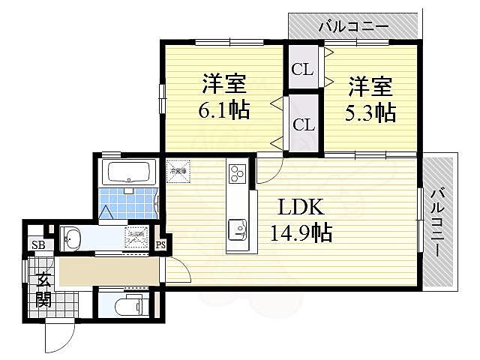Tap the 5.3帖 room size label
(x=370, y=112)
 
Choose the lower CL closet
(x=302, y=124)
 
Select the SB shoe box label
(x=36, y=244)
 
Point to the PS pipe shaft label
(x=160, y=244)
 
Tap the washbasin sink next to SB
(x=73, y=239)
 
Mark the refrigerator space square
(x=178, y=170)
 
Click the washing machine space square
(x=138, y=238)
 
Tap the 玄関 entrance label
(x=43, y=291)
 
